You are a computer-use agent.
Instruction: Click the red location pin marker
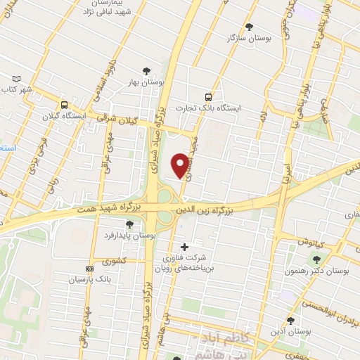coord(181,165)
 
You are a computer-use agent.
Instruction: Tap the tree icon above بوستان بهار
coord(146,70)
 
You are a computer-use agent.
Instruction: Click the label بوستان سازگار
coord(249,38)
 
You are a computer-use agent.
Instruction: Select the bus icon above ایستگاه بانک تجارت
coord(207,97)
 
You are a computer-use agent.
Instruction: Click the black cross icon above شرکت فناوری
coord(185,247)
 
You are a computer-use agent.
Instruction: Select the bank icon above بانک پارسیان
coord(89,269)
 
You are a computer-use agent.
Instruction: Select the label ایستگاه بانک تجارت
coord(217,108)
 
